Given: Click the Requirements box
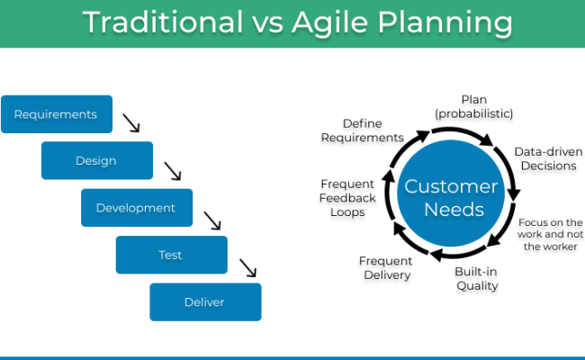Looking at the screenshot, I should pyautogui.click(x=57, y=114).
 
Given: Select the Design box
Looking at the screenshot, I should pyautogui.click(x=96, y=161).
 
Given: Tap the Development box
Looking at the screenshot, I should pyautogui.click(x=137, y=208).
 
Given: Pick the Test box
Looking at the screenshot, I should pyautogui.click(x=171, y=255).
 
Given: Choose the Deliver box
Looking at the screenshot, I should pyautogui.click(x=205, y=302).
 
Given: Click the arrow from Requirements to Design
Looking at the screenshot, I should pyautogui.click(x=131, y=123).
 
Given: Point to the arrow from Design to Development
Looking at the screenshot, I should pyautogui.click(x=173, y=171).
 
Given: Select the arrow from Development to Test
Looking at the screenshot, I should pyautogui.click(x=212, y=220).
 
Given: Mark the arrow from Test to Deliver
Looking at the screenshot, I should pyautogui.click(x=248, y=267).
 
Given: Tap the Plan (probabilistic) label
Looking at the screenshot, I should pyautogui.click(x=474, y=106).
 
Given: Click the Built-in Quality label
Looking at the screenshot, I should pyautogui.click(x=476, y=278).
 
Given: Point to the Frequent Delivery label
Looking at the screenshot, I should pyautogui.click(x=385, y=267).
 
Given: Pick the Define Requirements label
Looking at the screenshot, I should pyautogui.click(x=372, y=130).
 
